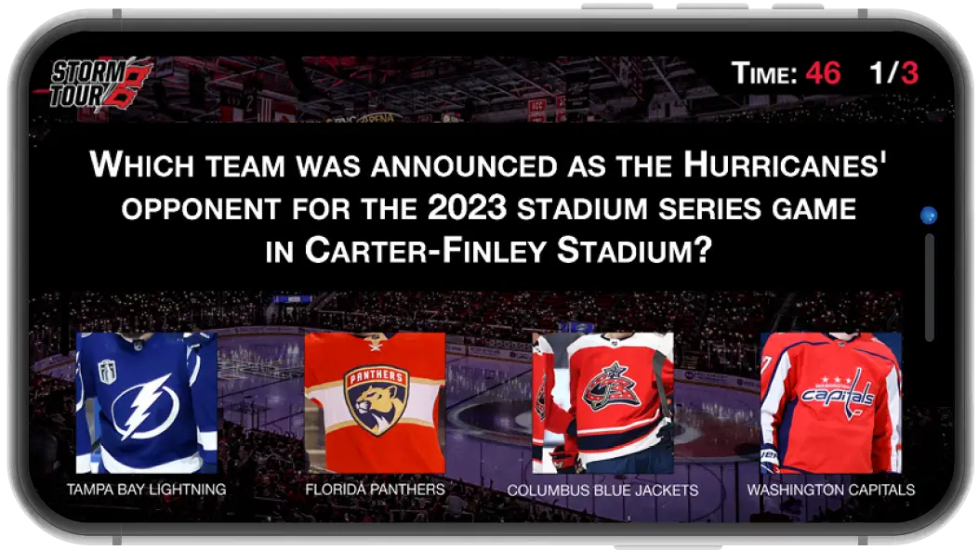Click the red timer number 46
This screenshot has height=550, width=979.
pos(823,73)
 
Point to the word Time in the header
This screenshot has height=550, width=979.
pos(764,73)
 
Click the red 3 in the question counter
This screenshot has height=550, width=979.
pos(909,73)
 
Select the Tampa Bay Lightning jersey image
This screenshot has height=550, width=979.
pos(147,403)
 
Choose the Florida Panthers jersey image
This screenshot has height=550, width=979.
pos(375,403)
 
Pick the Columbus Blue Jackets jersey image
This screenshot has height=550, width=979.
pos(602,403)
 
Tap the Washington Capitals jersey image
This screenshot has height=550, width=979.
pos(831,403)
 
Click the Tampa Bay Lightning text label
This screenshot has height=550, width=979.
pos(147,490)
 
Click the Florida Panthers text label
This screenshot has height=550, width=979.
pos(376,490)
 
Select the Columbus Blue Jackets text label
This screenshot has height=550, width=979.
pos(602,491)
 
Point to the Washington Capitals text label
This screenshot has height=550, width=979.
pos(831,490)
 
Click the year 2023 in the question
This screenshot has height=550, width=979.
pos(467,208)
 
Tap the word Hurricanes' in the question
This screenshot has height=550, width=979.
pos(785,165)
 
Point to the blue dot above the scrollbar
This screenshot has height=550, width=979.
pos(929,216)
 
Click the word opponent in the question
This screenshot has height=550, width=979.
pos(201,209)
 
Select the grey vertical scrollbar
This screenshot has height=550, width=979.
pos(930,287)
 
